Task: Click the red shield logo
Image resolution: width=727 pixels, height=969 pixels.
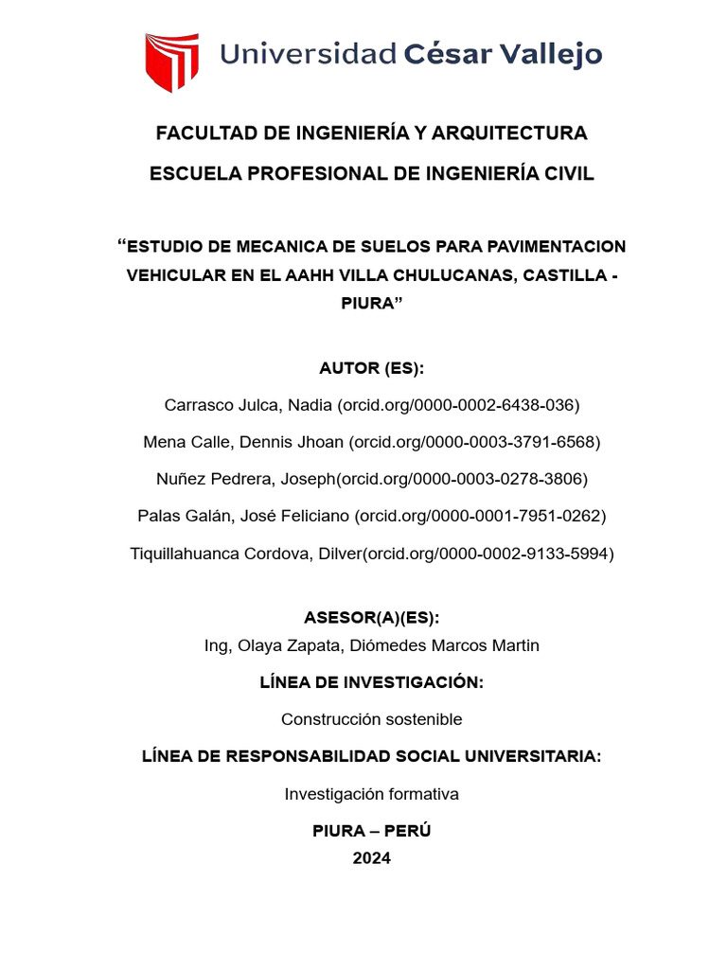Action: point(171,62)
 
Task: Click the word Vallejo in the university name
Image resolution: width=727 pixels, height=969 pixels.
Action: point(550,55)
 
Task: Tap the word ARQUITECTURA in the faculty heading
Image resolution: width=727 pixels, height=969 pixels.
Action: point(509,133)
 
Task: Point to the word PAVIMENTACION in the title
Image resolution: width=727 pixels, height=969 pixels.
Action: point(555,247)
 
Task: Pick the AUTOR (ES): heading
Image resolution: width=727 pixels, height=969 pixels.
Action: point(371,368)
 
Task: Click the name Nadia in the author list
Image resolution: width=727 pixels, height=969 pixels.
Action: point(310,405)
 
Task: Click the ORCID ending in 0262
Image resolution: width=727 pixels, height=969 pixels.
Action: point(480,516)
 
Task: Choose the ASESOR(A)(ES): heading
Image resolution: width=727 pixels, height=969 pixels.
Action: point(371,618)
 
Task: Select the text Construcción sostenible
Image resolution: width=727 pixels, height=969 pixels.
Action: point(371,719)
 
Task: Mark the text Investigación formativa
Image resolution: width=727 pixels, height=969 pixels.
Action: point(371,794)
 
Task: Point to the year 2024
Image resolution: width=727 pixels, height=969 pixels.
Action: point(371,858)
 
